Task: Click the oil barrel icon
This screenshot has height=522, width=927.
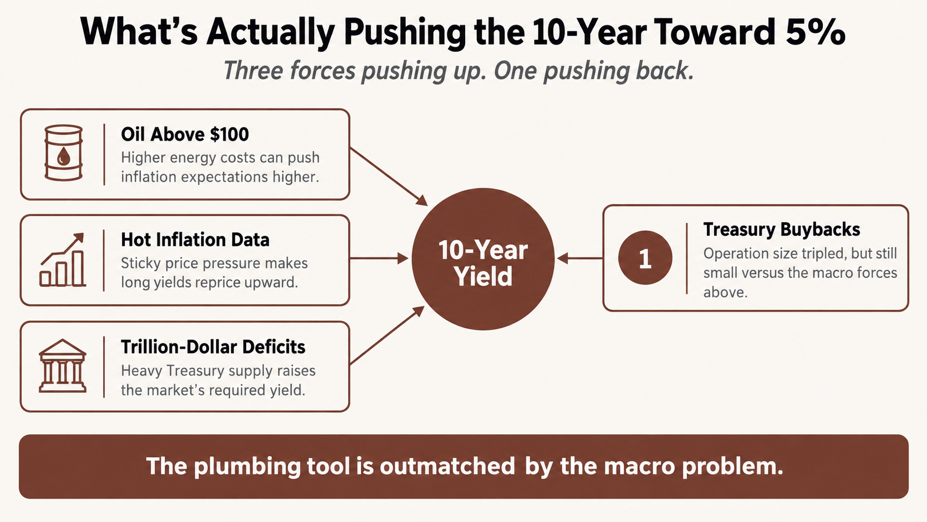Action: coord(63,153)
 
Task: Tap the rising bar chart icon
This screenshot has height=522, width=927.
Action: coord(63,260)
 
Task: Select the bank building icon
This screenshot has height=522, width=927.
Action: coord(63,366)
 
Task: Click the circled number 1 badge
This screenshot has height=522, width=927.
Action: coord(645,257)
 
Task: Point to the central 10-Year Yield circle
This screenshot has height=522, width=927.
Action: coord(483,259)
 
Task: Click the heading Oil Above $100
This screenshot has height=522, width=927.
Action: coord(185,134)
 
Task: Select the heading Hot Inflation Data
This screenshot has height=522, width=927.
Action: coord(195,240)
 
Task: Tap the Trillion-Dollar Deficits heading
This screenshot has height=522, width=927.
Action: coord(213,347)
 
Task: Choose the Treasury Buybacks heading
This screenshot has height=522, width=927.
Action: coord(781,229)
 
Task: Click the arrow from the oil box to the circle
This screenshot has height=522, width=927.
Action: coord(389,176)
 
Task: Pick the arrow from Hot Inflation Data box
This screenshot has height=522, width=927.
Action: coord(379,259)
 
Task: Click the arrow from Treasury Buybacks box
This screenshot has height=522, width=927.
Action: coord(580,259)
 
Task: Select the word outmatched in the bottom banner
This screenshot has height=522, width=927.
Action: coord(447,466)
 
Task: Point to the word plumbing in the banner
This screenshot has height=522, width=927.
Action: coord(247,467)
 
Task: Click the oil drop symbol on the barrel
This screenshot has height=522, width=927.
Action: coord(63,156)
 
